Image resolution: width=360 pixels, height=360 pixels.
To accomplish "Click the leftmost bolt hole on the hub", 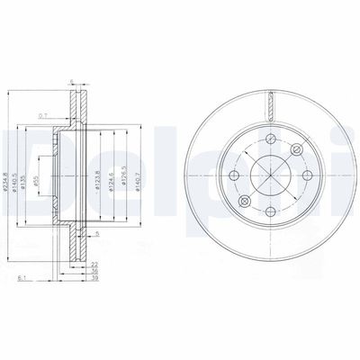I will click(235, 176).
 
